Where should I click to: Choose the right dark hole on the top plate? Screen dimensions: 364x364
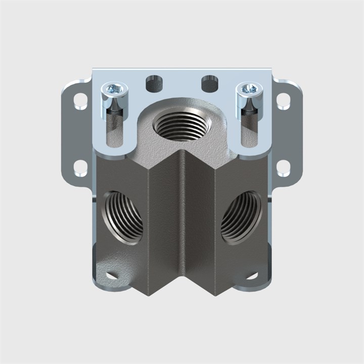click(209, 83)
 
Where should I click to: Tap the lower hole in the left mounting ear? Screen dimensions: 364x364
click(80, 167)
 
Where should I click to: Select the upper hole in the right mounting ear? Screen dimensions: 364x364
click(283, 101)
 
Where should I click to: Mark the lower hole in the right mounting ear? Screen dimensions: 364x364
click(283, 167)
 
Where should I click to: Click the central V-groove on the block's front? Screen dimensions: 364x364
click(182, 222)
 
